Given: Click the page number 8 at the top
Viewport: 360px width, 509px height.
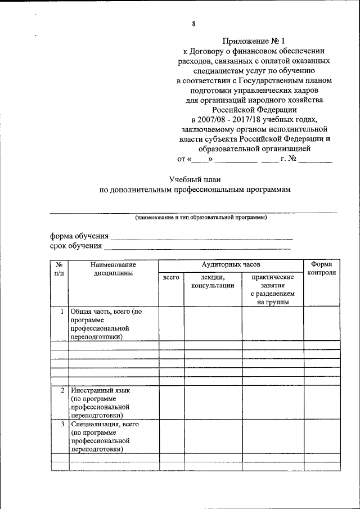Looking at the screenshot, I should coord(193,23).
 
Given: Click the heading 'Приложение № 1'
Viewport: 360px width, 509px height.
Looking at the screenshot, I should coord(254,40).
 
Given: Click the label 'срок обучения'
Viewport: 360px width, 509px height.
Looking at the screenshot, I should coord(76,245).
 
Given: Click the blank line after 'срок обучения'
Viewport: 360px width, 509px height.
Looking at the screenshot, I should coord(197,246).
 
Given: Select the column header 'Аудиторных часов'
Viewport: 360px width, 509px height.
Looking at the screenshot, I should coord(231,264).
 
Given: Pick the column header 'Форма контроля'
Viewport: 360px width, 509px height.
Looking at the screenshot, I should coord(322,268).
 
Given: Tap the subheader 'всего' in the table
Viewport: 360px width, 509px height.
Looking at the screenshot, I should coord(171,277).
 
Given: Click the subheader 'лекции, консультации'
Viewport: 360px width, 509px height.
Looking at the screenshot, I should coord(212,281).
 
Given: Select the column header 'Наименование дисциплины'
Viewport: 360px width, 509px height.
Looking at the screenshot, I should coord(113,268).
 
